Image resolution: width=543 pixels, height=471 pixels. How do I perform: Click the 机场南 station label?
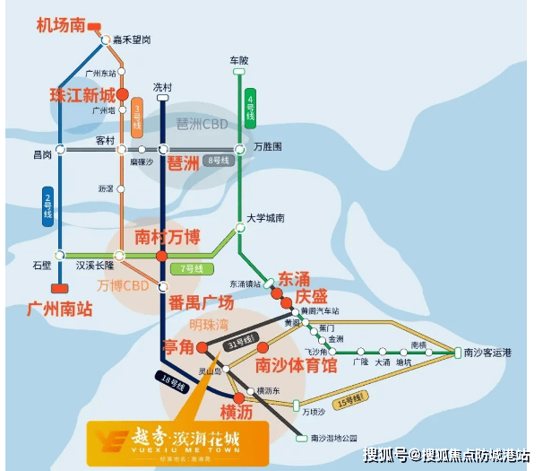click(60, 25)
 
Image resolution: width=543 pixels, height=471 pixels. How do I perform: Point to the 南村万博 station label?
click(167, 237)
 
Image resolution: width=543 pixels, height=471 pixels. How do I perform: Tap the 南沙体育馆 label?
click(296, 365)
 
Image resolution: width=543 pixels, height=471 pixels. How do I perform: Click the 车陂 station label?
click(237, 59)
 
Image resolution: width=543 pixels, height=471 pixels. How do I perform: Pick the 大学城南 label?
click(267, 218)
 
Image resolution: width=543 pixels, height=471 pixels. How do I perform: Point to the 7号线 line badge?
click(193, 268)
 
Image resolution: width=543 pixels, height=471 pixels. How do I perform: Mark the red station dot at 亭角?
click(202, 347)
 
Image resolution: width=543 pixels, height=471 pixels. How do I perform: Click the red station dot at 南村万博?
click(161, 257)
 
